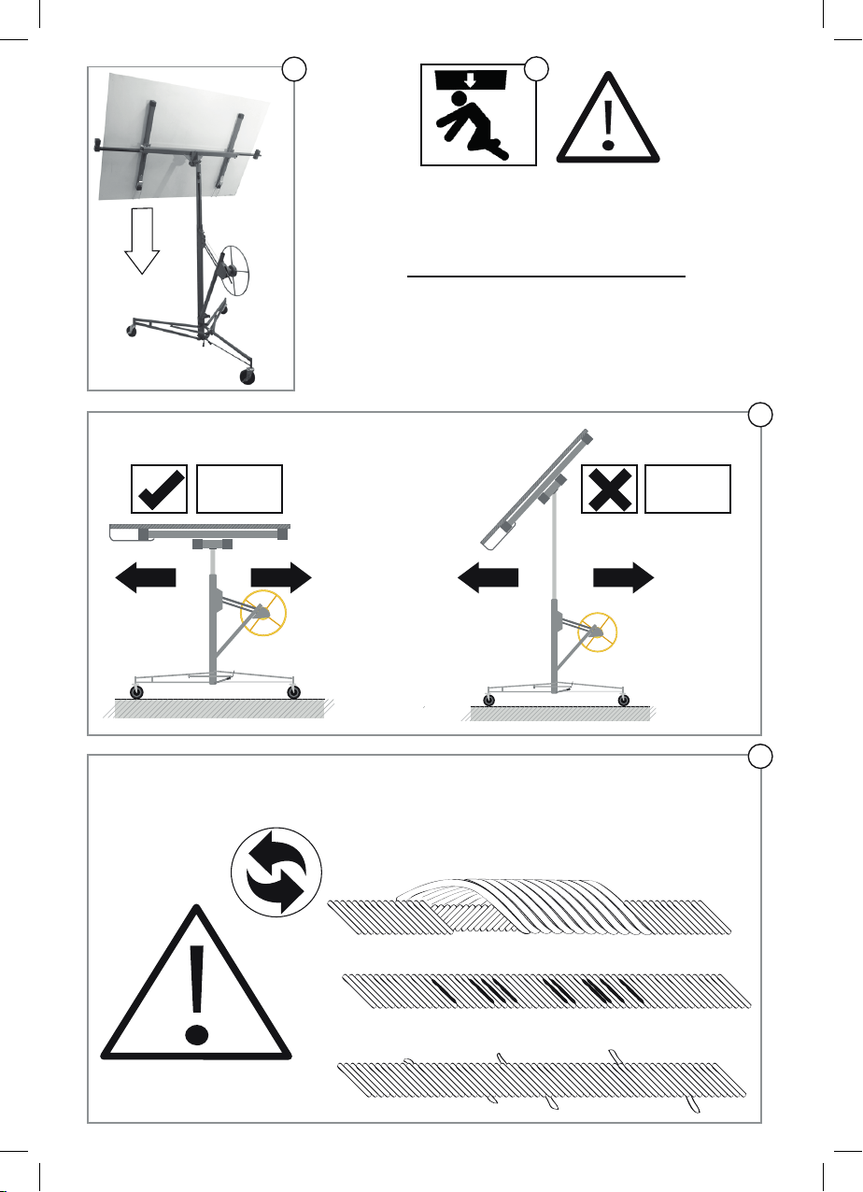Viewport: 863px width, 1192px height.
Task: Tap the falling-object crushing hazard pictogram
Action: point(478,114)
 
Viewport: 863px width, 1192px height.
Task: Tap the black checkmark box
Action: point(160,488)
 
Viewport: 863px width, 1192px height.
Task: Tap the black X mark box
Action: point(609,488)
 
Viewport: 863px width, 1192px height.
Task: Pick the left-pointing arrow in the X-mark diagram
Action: point(488,579)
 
